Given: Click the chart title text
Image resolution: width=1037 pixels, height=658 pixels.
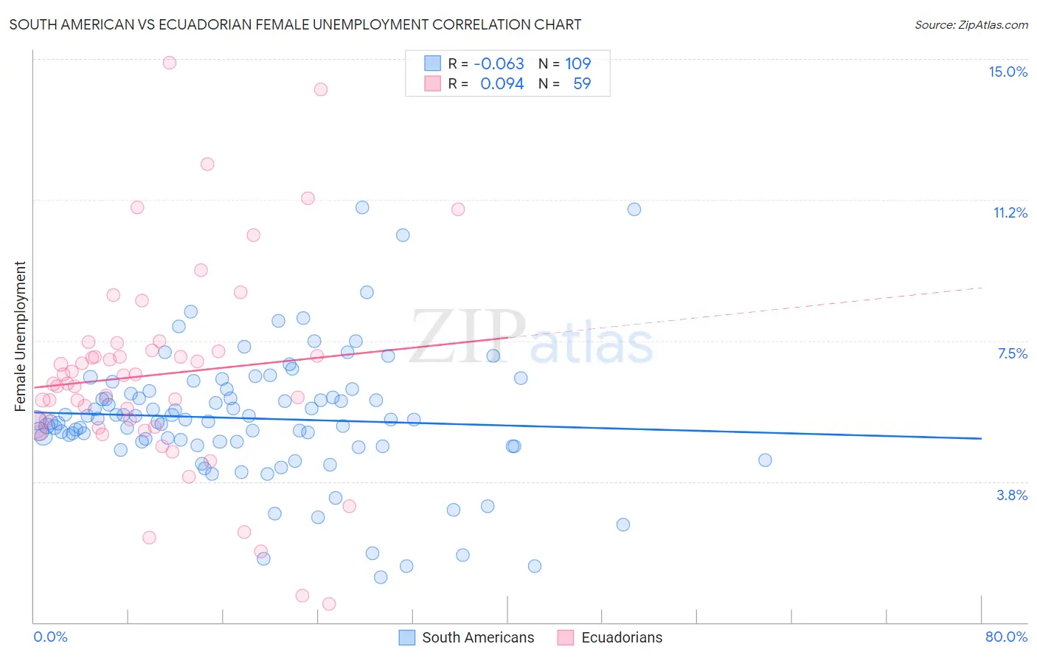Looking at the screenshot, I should pyautogui.click(x=295, y=24).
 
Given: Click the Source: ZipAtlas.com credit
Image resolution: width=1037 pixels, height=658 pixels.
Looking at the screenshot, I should pyautogui.click(x=971, y=24).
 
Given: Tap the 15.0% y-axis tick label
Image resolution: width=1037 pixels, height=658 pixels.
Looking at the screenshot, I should pyautogui.click(x=1007, y=72).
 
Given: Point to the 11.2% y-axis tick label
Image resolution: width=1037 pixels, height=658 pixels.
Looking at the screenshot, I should pyautogui.click(x=1010, y=212).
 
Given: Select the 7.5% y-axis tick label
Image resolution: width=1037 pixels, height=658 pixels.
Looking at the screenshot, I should pyautogui.click(x=1012, y=353).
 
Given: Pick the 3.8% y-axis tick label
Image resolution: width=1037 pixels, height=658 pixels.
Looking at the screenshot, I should pyautogui.click(x=1012, y=495).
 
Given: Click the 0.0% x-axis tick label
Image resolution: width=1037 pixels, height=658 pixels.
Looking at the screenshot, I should pyautogui.click(x=50, y=637).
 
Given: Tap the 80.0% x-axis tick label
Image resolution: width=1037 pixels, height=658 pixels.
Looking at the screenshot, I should pyautogui.click(x=1006, y=637).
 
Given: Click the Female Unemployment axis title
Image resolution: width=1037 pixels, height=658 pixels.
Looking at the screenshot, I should pyautogui.click(x=20, y=336).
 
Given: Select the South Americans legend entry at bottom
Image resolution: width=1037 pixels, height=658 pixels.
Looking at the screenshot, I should pyautogui.click(x=467, y=637).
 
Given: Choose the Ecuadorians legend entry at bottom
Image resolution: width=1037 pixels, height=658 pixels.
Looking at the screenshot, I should pyautogui.click(x=611, y=637).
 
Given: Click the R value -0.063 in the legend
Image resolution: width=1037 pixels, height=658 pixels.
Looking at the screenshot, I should pyautogui.click(x=499, y=63).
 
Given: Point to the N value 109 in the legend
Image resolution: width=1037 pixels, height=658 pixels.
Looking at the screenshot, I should pyautogui.click(x=578, y=63).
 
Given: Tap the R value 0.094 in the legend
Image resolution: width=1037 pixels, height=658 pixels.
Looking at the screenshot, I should pyautogui.click(x=502, y=83).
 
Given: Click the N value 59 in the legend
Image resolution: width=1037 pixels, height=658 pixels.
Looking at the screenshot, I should pyautogui.click(x=582, y=83).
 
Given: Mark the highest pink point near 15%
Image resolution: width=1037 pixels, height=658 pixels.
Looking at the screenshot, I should pyautogui.click(x=170, y=63).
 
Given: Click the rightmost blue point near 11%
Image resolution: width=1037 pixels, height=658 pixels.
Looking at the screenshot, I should pyautogui.click(x=634, y=209).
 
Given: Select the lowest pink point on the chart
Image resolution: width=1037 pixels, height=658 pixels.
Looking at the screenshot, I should pyautogui.click(x=329, y=603).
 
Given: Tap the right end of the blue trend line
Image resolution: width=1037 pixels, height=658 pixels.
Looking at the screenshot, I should pyautogui.click(x=981, y=438).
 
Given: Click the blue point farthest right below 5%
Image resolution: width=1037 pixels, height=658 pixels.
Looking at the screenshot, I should pyautogui.click(x=765, y=460).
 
